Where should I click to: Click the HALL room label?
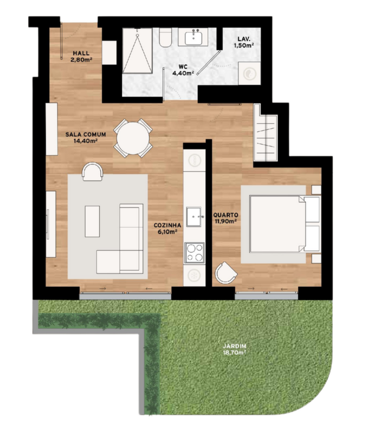tap(81, 53)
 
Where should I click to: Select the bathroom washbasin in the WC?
tap(193, 37)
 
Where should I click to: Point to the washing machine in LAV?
tap(249, 73)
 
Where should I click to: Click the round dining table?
tap(133, 138)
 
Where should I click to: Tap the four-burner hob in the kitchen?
tap(194, 253)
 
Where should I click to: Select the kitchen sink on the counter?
tap(194, 217)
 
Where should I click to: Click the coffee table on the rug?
tap(93, 221)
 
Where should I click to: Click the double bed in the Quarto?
tap(284, 224)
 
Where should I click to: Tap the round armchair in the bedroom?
tap(226, 273)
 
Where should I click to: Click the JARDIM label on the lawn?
tap(234, 346)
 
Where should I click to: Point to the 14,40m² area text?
tap(86, 141)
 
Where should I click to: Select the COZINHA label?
tap(167, 225)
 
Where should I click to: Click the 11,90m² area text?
tap(226, 221)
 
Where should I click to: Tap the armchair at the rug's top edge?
tap(93, 172)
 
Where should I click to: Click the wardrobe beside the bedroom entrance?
tap(266, 133)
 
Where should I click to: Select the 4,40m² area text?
tap(183, 73)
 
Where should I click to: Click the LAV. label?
tap(244, 39)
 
